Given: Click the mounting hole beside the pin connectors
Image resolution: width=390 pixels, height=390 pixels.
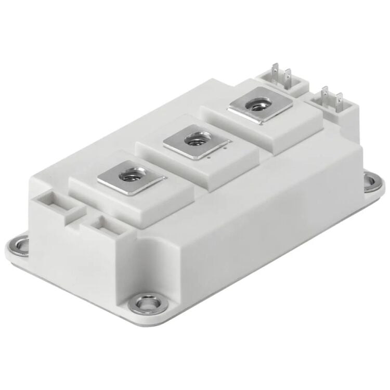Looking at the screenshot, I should tap(371, 181).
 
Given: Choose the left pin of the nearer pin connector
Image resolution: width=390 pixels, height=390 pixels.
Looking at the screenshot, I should tap(326, 96).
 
